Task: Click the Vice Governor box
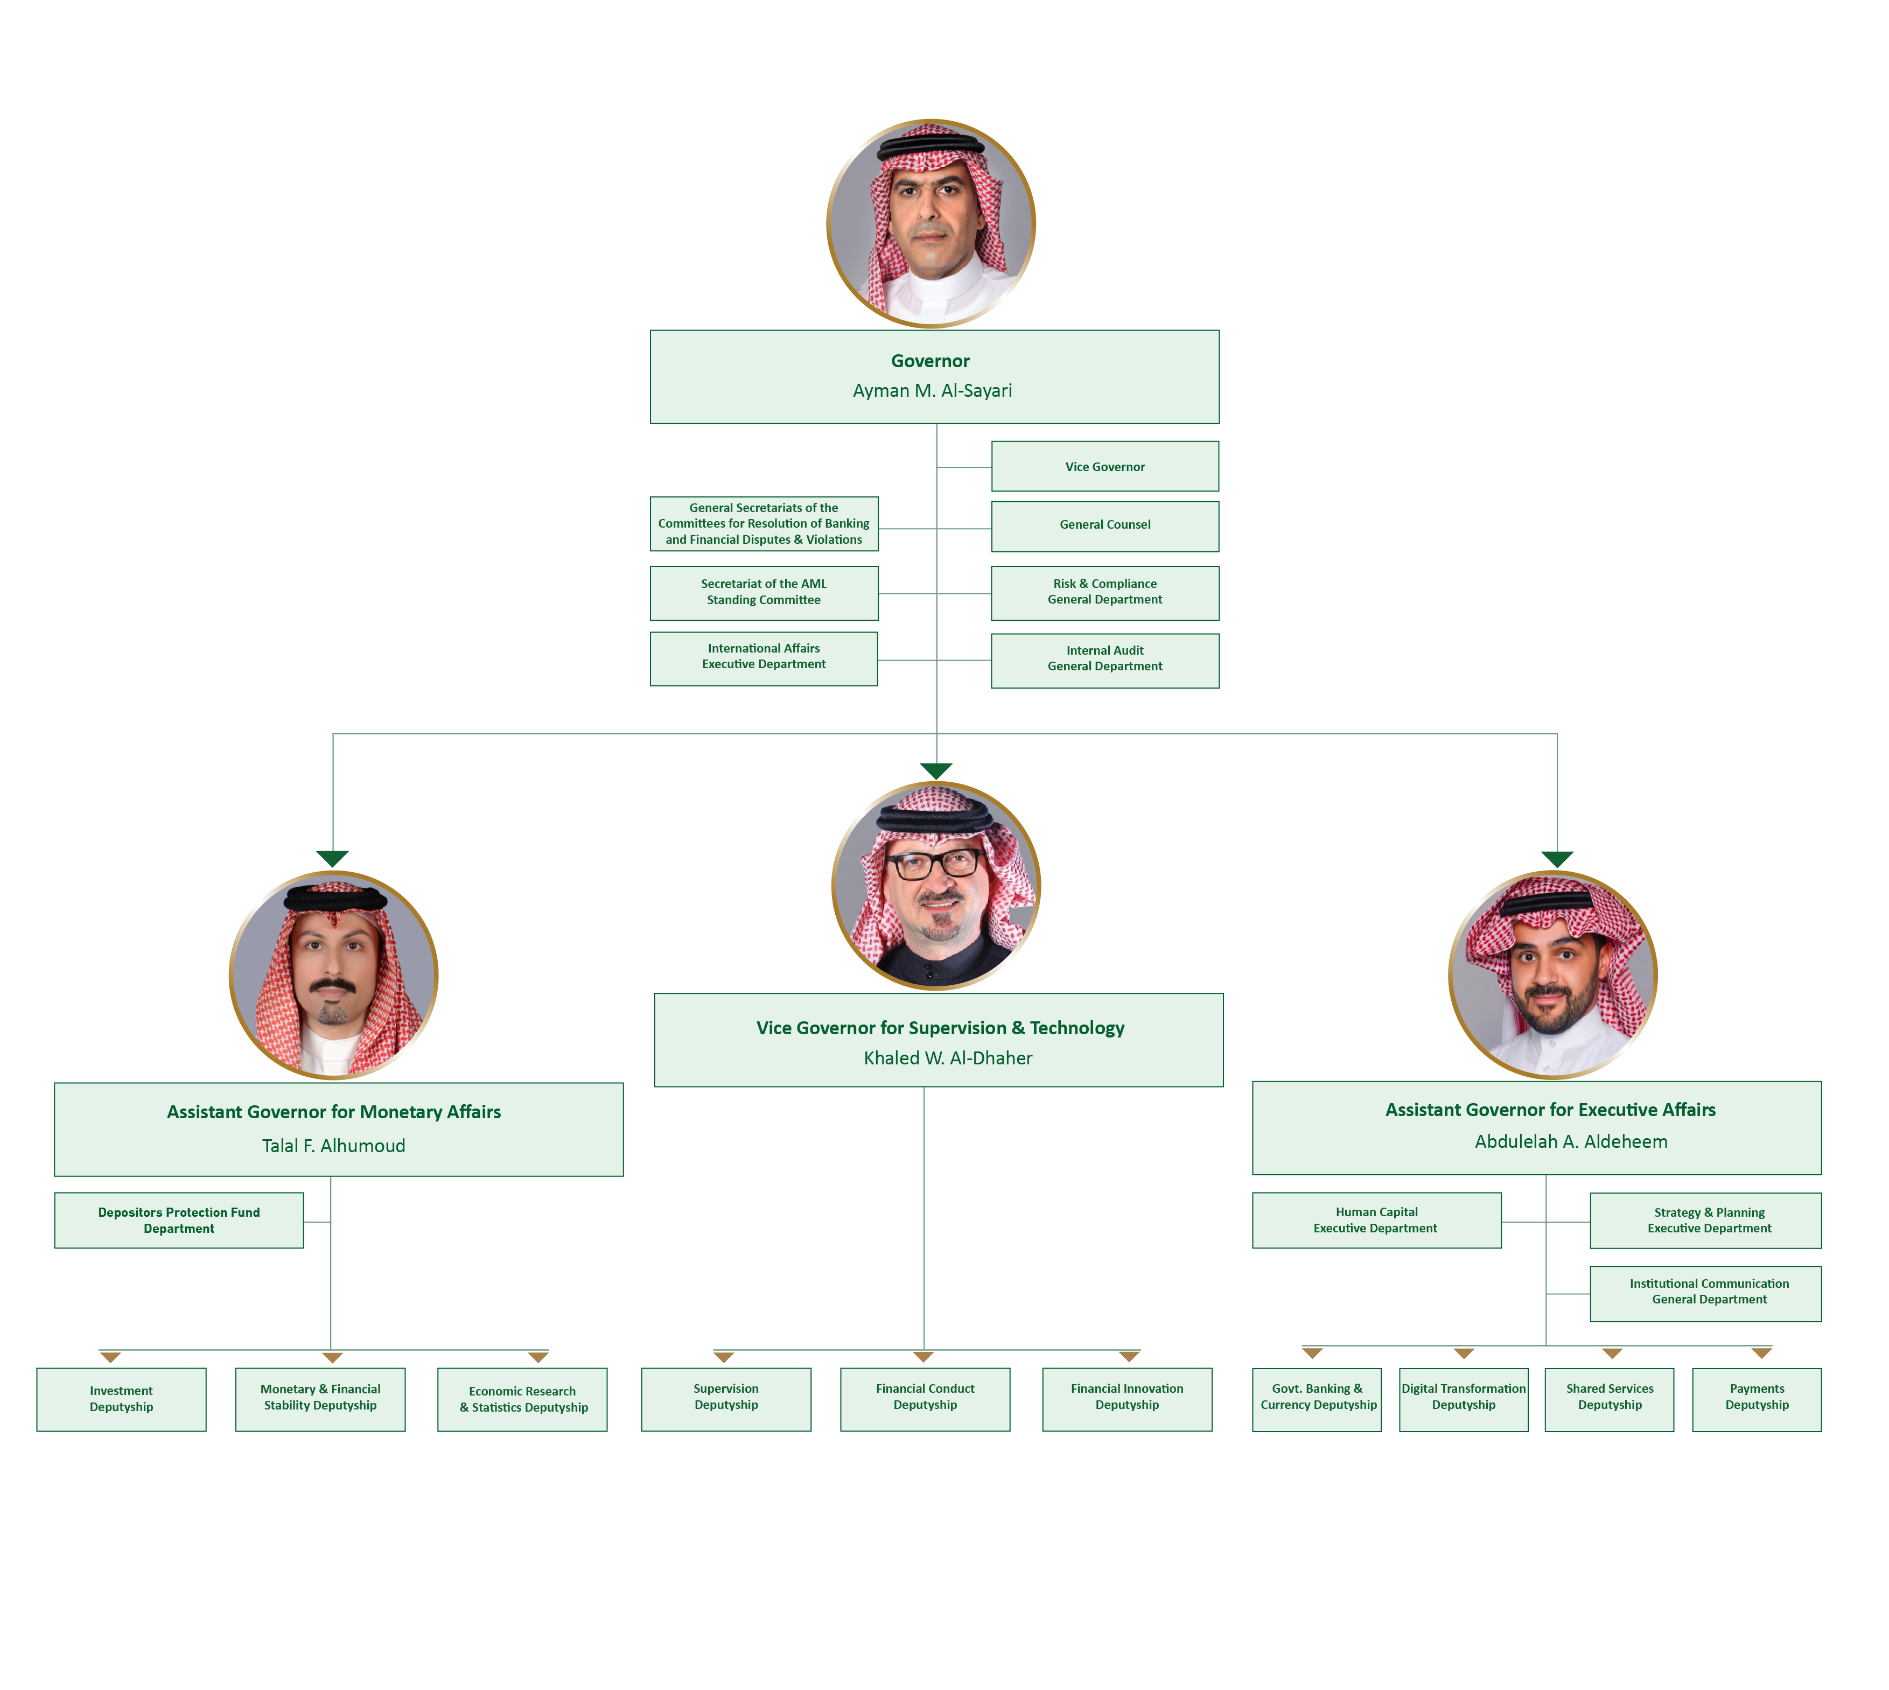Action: point(1104,466)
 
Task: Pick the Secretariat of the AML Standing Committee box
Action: point(764,592)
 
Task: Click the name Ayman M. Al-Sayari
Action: point(933,391)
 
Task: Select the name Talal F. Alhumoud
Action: point(333,1146)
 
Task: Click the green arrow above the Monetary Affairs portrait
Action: point(332,858)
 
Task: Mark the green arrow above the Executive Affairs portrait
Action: point(1557,859)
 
